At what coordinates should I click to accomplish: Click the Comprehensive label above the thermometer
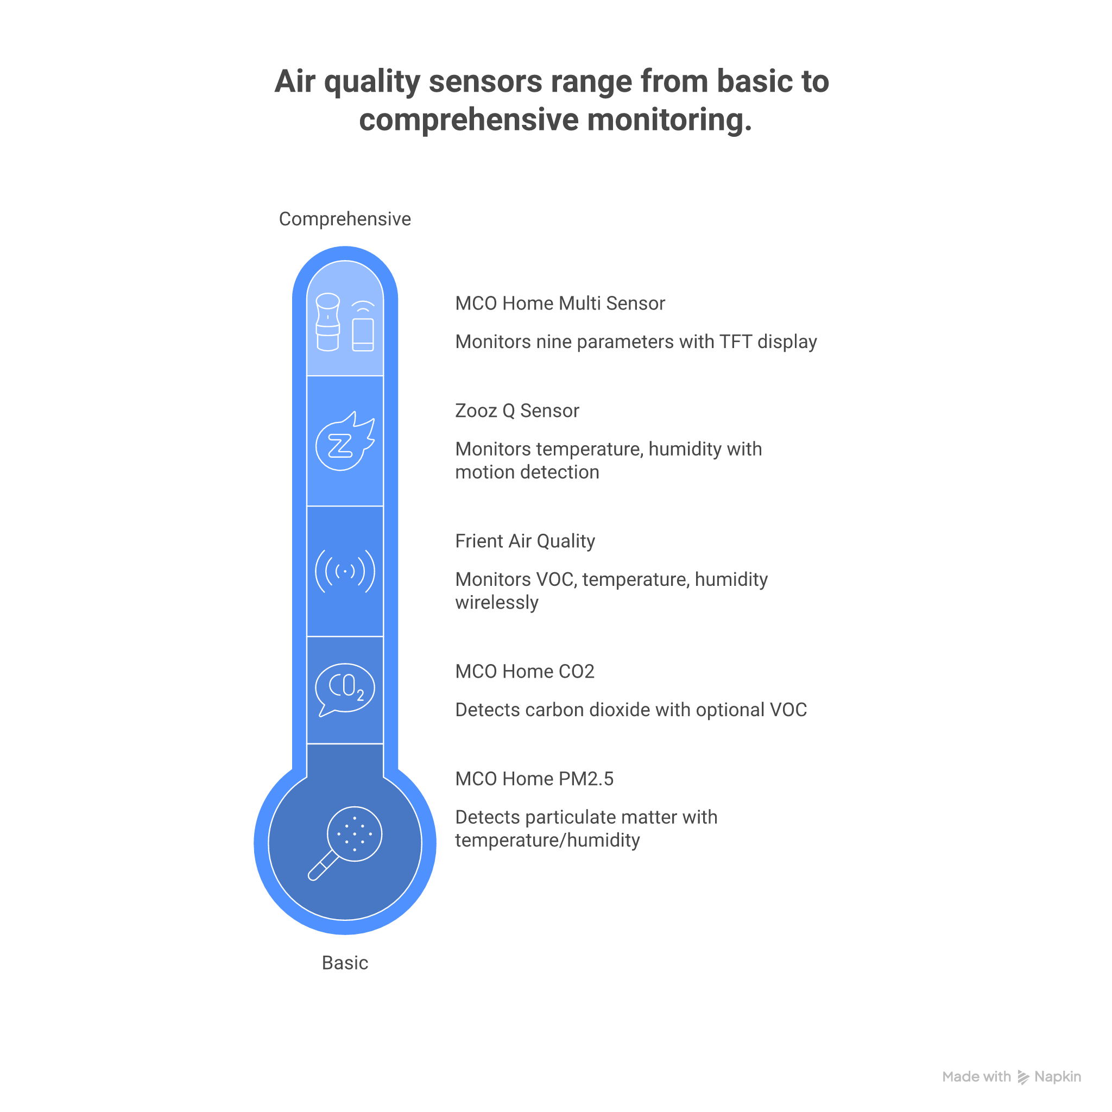pyautogui.click(x=345, y=219)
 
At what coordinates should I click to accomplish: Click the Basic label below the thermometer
pyautogui.click(x=345, y=963)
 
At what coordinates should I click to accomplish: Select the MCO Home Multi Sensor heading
pyautogui.click(x=560, y=304)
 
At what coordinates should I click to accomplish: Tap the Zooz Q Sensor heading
pyautogui.click(x=517, y=411)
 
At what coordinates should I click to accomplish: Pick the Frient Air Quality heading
pyautogui.click(x=525, y=541)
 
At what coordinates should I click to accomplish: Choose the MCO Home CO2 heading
pyautogui.click(x=525, y=672)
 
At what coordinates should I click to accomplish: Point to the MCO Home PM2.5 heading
pyautogui.click(x=534, y=779)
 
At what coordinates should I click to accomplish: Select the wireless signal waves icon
pyautogui.click(x=345, y=572)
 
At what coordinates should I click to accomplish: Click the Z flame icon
pyautogui.click(x=345, y=442)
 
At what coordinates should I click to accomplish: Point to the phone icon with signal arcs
pyautogui.click(x=363, y=326)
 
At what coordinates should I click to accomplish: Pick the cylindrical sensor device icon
pyautogui.click(x=328, y=323)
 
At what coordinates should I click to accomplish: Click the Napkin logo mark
pyautogui.click(x=1023, y=1077)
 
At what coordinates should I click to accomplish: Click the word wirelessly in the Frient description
pyautogui.click(x=497, y=603)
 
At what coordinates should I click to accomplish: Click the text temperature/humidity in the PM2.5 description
pyautogui.click(x=547, y=841)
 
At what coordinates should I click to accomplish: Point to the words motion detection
pyautogui.click(x=527, y=472)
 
